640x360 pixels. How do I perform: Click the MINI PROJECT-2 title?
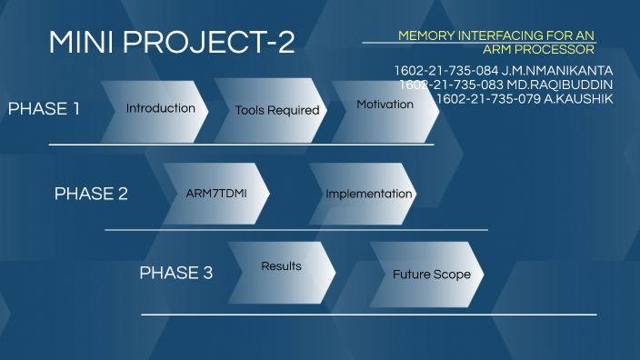(171, 42)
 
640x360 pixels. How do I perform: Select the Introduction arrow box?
(160, 109)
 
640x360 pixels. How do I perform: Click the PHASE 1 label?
(44, 109)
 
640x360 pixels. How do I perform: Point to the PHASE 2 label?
(91, 194)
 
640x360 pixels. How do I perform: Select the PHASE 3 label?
(175, 273)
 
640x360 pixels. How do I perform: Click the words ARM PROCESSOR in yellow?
(538, 49)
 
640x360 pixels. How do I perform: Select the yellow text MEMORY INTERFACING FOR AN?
(495, 35)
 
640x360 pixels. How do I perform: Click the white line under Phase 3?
(368, 315)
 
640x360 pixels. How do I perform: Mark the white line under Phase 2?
(295, 230)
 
